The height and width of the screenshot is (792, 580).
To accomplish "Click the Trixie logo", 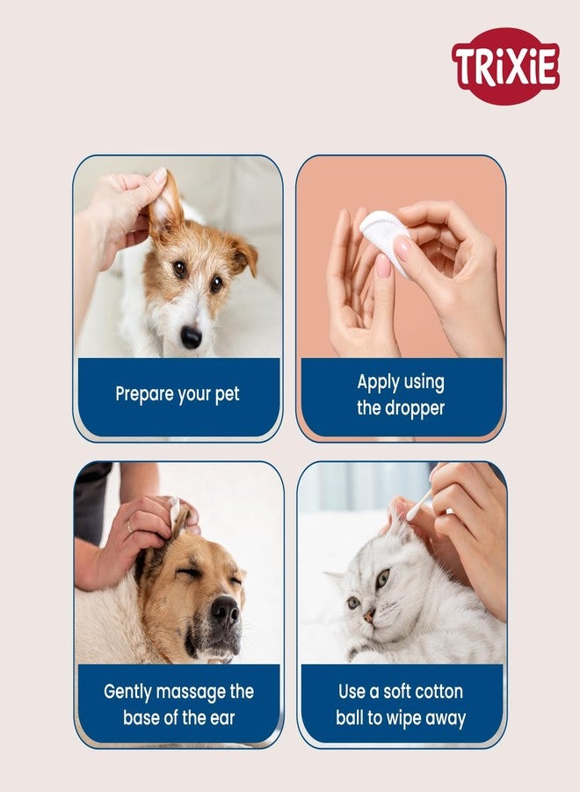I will pyautogui.click(x=505, y=66).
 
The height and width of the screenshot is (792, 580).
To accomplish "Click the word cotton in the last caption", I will pyautogui.click(x=435, y=692).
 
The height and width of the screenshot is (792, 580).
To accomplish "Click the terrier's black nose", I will pyautogui.click(x=191, y=337).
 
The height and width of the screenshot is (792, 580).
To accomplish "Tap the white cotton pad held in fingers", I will pyautogui.click(x=385, y=238).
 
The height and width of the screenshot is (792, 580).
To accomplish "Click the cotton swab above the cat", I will pyautogui.click(x=419, y=504).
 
